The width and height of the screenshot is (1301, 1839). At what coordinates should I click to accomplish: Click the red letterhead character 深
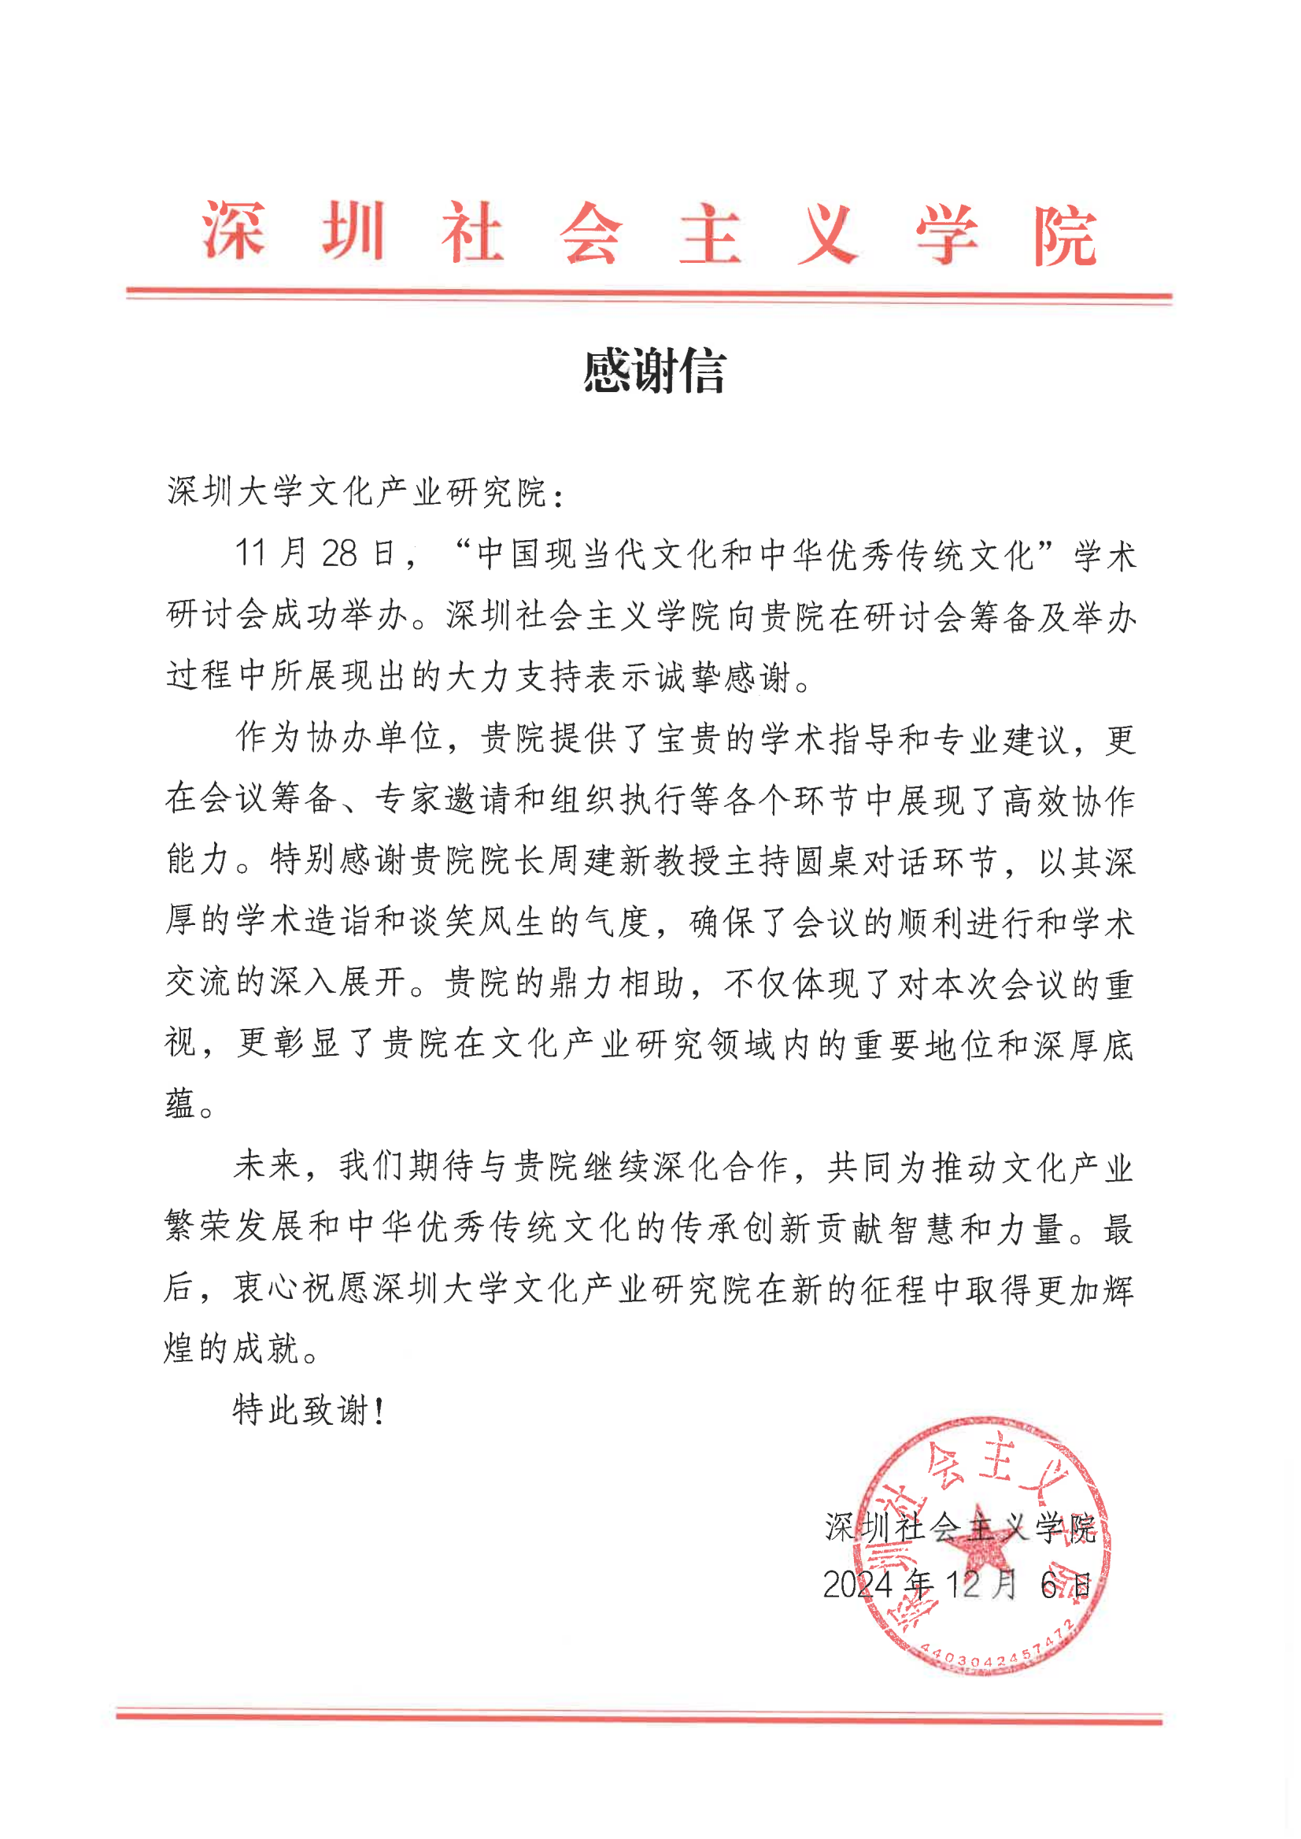click(234, 231)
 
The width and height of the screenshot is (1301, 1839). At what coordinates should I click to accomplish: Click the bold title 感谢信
click(654, 372)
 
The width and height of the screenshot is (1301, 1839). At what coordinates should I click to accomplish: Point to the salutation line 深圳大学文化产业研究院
click(357, 492)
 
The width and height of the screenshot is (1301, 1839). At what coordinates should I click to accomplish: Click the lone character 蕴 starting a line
click(180, 1105)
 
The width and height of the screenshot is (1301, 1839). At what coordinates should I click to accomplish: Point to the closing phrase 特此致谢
click(301, 1410)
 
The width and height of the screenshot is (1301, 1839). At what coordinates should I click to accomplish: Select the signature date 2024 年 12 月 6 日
click(956, 1584)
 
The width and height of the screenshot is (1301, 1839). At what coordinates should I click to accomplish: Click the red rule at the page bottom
click(638, 1717)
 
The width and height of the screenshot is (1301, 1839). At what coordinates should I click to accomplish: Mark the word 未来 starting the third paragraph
click(267, 1166)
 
